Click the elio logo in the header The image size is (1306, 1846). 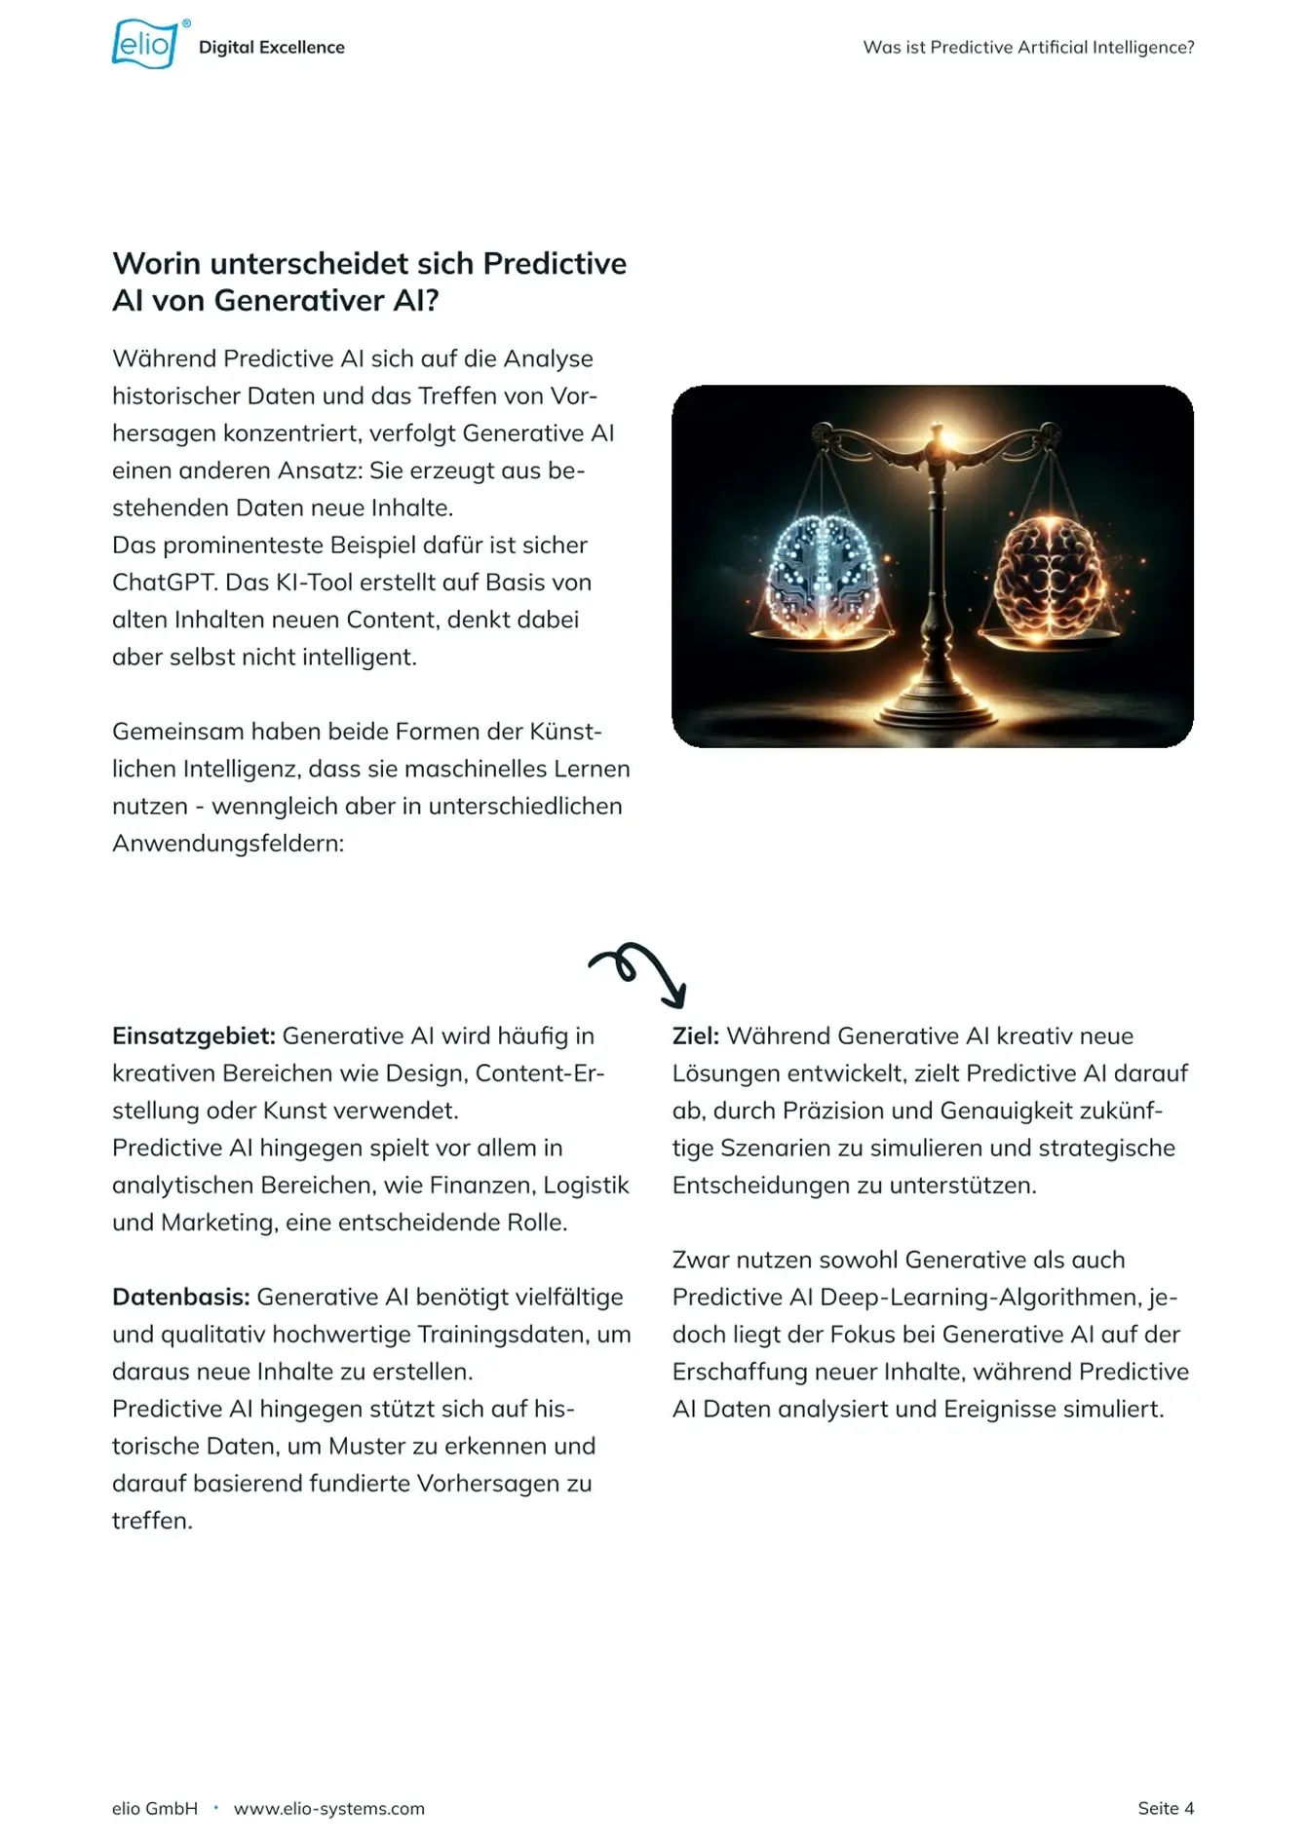[144, 45]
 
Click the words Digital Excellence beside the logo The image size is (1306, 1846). [271, 48]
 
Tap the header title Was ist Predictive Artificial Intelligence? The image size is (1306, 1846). [1028, 48]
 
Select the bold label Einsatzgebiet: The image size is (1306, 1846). [194, 1036]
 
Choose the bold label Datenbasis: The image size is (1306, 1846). [181, 1298]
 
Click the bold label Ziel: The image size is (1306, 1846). [695, 1036]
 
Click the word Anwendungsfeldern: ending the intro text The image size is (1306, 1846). [228, 844]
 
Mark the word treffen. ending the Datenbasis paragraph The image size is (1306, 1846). [152, 1522]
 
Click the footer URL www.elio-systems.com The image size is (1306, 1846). [329, 1809]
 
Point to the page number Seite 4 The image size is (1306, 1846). [1165, 1809]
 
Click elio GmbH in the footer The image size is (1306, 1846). [155, 1809]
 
